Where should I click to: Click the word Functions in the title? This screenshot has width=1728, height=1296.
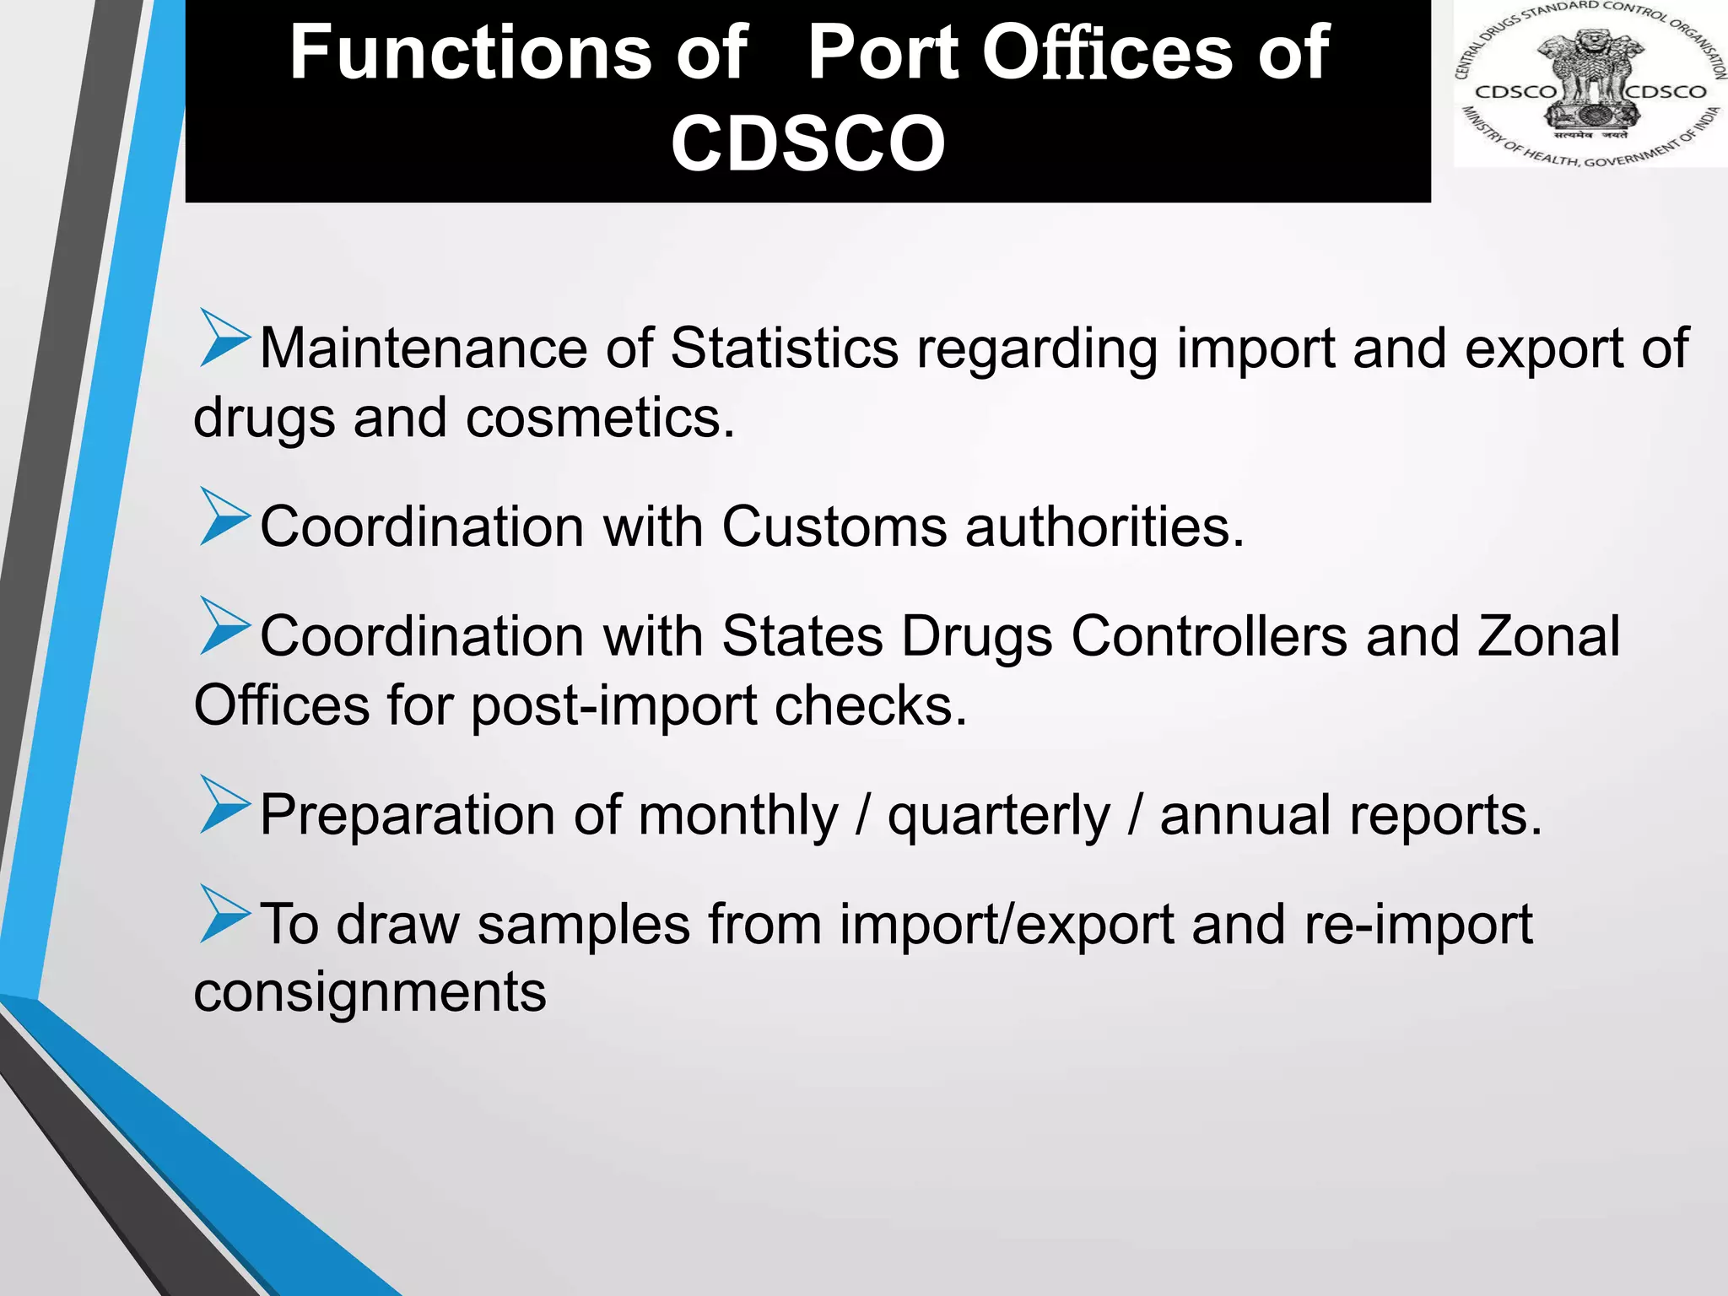518,52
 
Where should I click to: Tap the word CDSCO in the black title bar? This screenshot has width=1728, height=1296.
807,143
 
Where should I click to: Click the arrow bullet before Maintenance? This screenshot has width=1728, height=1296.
224,338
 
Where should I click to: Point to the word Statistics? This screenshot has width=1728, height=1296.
784,348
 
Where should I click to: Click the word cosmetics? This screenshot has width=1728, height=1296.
600,418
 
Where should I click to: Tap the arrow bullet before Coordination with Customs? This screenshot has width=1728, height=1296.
224,516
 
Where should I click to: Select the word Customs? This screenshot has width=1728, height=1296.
834,527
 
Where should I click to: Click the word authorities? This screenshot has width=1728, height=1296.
1104,527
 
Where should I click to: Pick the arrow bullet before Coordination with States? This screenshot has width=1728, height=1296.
224,626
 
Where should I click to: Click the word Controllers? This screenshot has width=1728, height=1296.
1209,636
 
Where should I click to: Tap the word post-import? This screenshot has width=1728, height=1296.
613,706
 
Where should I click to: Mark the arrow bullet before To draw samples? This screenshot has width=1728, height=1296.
224,914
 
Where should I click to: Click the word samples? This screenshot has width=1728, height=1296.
584,925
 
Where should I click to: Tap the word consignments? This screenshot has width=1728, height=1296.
370,993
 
